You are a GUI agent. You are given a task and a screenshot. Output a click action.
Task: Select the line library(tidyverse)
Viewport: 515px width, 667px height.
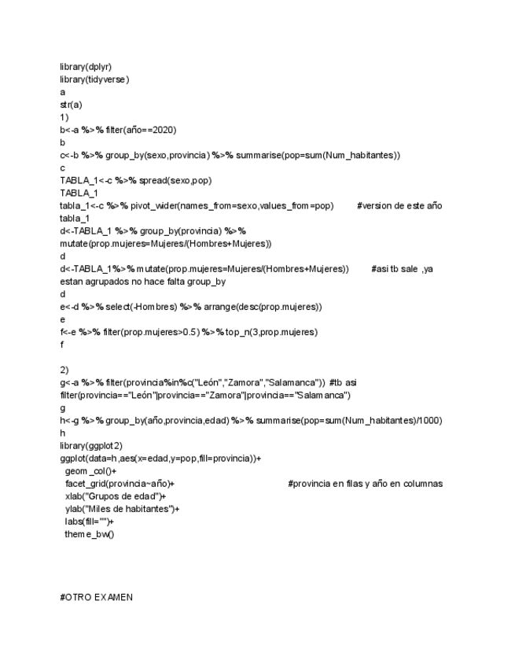click(94, 79)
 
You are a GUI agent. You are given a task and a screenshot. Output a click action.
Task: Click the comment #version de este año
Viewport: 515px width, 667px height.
click(399, 205)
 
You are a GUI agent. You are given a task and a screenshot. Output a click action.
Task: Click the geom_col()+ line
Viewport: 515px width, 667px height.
click(90, 470)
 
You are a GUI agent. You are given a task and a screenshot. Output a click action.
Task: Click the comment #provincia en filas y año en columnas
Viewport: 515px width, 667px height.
click(365, 483)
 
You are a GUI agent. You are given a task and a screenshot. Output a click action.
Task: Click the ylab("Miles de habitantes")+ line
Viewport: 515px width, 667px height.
click(122, 509)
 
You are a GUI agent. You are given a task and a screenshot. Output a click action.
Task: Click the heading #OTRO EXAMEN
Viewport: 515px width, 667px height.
click(96, 597)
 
